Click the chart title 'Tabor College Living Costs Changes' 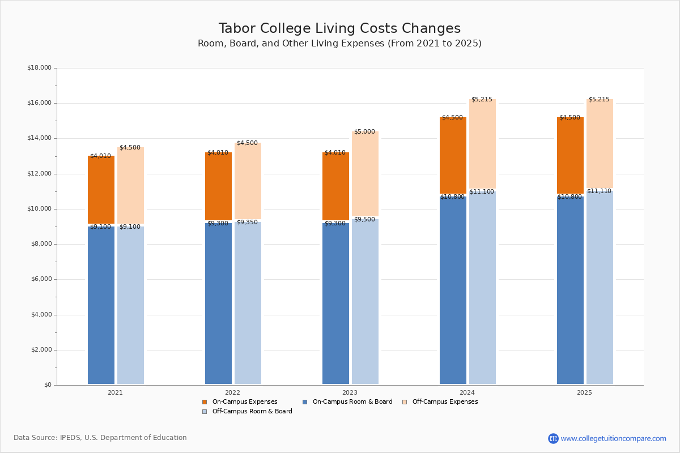tap(339, 29)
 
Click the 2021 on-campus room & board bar tap(101, 306)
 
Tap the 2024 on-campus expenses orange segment tap(453, 155)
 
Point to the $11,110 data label tap(599, 191)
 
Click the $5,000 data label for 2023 tap(364, 132)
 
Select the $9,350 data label tap(247, 223)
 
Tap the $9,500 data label tap(364, 220)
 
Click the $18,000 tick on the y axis tap(39, 68)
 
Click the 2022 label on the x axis tap(232, 392)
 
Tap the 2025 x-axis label tap(584, 392)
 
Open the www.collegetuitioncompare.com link tap(613, 438)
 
